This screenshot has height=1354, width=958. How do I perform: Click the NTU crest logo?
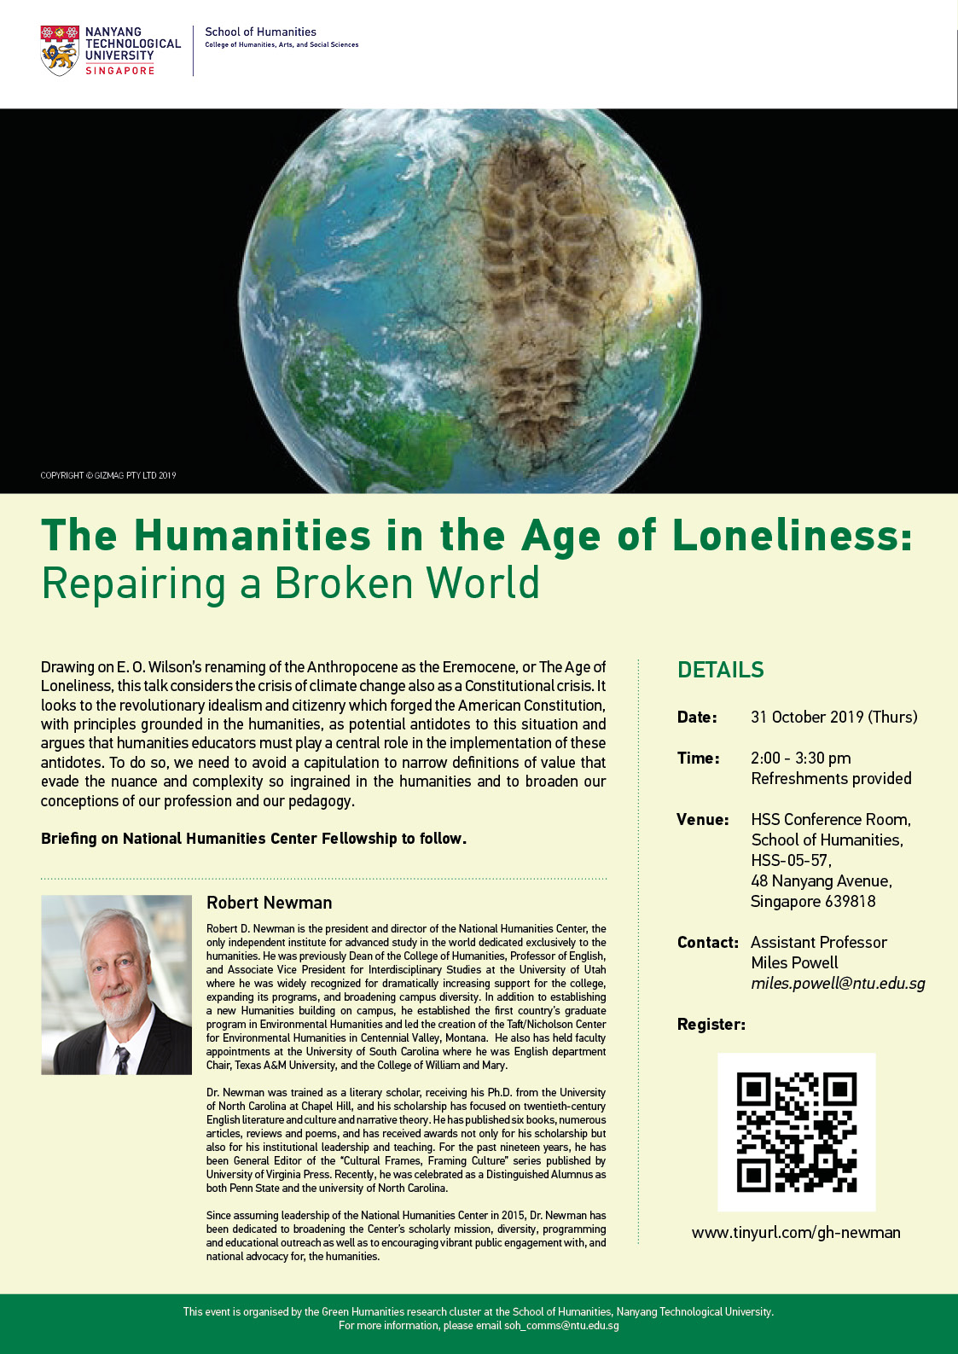(x=60, y=50)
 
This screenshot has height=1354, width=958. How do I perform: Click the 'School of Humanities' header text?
(x=260, y=32)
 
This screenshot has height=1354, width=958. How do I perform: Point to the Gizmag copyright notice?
(x=108, y=475)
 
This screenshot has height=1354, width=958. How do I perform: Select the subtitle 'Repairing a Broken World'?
(x=290, y=584)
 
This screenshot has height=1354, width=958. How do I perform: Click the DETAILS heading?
(x=720, y=670)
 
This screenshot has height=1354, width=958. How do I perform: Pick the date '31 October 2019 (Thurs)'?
(x=833, y=717)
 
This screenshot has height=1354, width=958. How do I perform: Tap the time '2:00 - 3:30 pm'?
(x=800, y=758)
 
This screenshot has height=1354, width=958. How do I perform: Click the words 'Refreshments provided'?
(x=831, y=778)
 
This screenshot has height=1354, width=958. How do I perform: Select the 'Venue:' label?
(x=702, y=819)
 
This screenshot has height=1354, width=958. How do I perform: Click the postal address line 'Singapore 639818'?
(x=812, y=901)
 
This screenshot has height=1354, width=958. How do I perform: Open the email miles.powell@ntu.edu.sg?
(x=838, y=983)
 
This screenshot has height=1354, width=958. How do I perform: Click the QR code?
(x=796, y=1131)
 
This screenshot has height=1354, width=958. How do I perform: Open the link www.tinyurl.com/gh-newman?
(x=795, y=1232)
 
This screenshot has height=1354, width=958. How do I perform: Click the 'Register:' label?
(x=711, y=1024)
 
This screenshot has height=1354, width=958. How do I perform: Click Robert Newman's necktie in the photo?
(x=122, y=1058)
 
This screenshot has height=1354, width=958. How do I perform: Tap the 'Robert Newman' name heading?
(x=269, y=903)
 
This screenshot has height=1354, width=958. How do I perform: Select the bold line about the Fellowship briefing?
(x=253, y=838)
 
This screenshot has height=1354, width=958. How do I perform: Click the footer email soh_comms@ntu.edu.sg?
(x=561, y=1325)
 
